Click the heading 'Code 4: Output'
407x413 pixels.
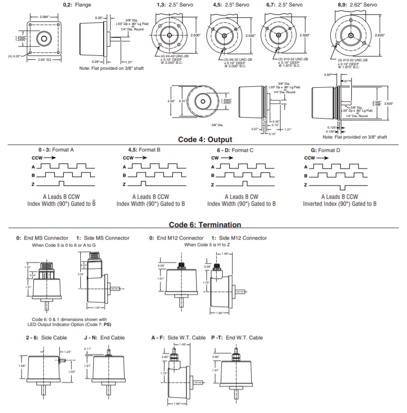(205, 139)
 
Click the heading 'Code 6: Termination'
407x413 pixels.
(205, 225)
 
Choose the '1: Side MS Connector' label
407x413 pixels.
(103, 238)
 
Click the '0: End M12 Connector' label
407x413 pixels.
(176, 238)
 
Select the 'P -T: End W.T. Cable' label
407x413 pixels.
(237, 338)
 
